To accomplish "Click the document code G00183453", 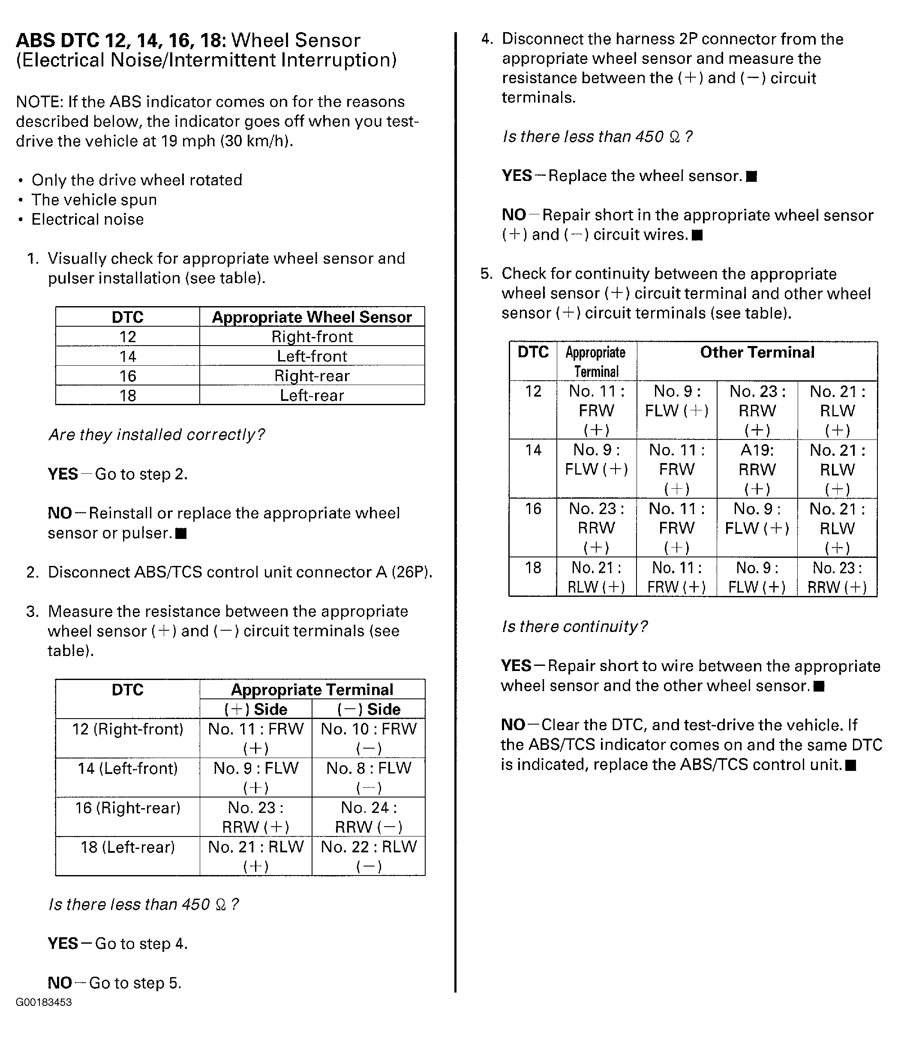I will [44, 1002].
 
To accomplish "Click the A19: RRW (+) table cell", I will [757, 469].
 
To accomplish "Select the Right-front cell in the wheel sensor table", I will [312, 336].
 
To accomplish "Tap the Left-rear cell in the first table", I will [312, 395].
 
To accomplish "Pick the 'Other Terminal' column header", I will [757, 352].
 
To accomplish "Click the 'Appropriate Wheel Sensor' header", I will [312, 317].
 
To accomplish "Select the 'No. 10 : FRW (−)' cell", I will [368, 738].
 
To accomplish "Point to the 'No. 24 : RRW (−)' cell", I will [368, 816].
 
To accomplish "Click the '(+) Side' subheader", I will [255, 709].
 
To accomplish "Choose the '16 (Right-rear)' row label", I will [128, 808].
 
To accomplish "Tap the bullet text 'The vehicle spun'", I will [94, 199].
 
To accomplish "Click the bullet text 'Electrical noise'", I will [88, 219].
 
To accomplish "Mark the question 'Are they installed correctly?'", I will [156, 435].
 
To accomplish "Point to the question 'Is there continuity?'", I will [574, 626].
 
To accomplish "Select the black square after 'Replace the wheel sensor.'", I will [751, 176].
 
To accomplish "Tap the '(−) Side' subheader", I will [368, 709].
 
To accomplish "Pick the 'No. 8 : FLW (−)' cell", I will [368, 777].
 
